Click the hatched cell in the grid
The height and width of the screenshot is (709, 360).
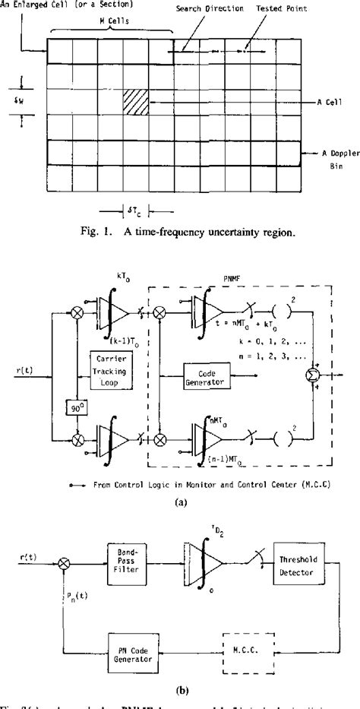[x=137, y=102]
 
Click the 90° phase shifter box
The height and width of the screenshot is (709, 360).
[x=74, y=406]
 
